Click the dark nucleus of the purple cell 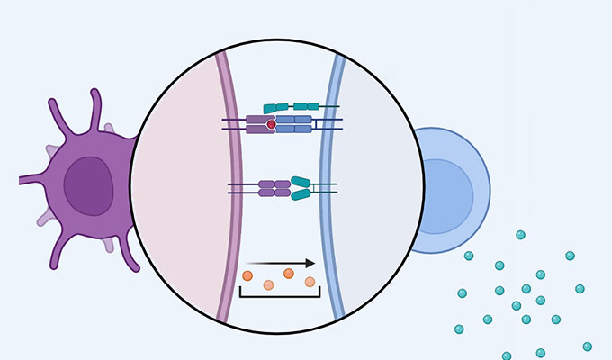88,185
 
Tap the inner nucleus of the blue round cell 445,191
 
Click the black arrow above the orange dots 280,264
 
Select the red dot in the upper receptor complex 271,124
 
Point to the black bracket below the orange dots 280,294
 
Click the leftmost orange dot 247,275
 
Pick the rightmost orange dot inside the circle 310,282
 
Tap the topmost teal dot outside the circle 520,235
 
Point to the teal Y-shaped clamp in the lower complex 301,187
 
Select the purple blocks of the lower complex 274,188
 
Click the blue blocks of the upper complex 293,124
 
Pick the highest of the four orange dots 289,273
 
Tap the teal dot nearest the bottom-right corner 588,346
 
